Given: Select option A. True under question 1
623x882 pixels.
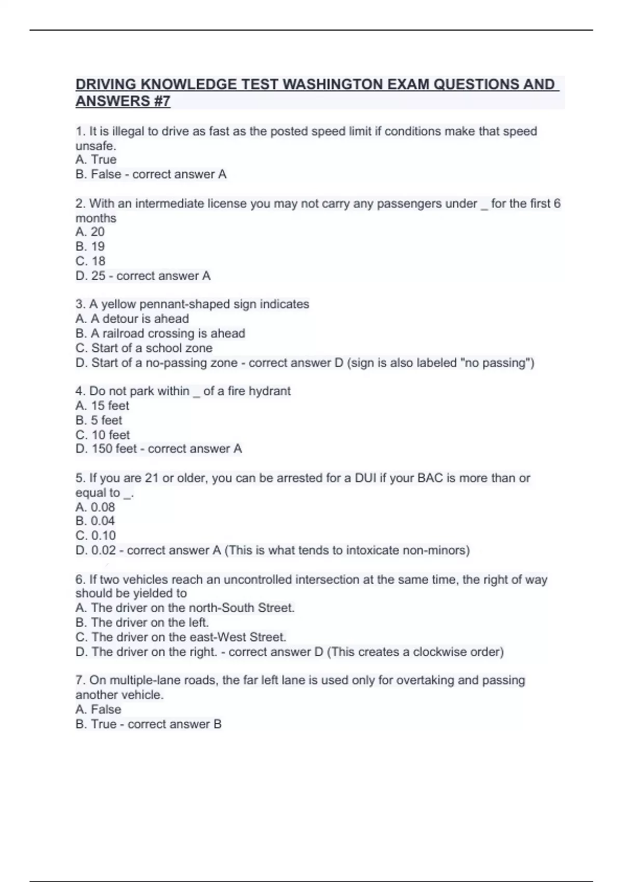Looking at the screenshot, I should click(96, 160).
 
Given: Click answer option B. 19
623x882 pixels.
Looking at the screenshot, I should click(90, 246).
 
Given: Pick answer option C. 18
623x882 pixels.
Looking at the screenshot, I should click(90, 261).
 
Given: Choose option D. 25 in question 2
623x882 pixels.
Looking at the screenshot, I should click(91, 276).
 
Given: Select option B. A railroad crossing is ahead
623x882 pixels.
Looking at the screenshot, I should click(160, 334).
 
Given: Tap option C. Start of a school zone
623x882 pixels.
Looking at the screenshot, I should click(144, 348).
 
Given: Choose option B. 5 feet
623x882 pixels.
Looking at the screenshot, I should click(99, 420).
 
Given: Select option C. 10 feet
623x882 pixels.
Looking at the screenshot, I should click(103, 435).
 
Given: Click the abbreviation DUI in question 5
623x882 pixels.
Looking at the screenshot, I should click(365, 478).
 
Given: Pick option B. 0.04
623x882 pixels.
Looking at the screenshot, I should click(95, 521).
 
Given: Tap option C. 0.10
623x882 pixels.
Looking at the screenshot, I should click(96, 535).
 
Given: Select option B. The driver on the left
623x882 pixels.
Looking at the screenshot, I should click(142, 623).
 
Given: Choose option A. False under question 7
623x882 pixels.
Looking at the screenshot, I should click(98, 710).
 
